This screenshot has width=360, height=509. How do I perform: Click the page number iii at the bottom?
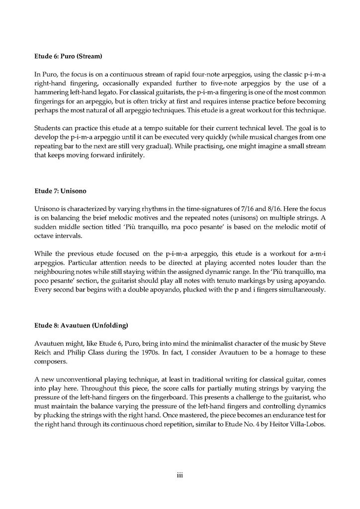pos(180,476)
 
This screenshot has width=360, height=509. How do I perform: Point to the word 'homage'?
pos(262,352)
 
